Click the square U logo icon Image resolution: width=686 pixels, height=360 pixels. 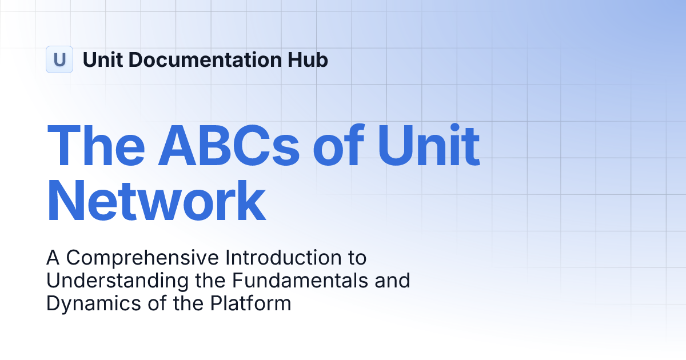(x=59, y=59)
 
